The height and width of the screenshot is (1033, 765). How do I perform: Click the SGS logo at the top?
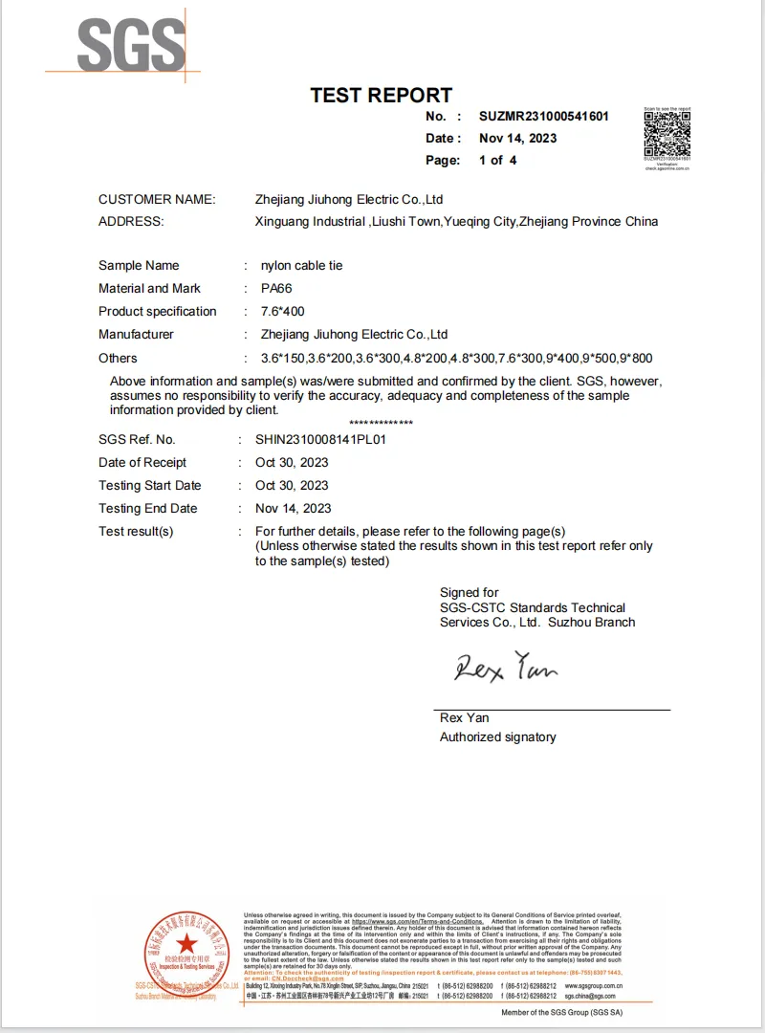click(x=130, y=45)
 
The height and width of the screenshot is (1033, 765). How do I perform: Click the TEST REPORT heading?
click(x=381, y=95)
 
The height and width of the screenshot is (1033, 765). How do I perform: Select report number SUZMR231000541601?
click(x=543, y=117)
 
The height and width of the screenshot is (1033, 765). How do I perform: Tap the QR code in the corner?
click(x=667, y=133)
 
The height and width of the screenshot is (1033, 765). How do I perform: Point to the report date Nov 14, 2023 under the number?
click(x=517, y=138)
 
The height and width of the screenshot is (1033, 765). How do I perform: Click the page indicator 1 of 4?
click(x=497, y=160)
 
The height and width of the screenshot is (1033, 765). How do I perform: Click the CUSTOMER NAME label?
click(x=157, y=199)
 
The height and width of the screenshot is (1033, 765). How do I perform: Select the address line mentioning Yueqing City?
click(x=456, y=221)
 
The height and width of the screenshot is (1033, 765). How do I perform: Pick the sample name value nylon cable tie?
click(x=301, y=265)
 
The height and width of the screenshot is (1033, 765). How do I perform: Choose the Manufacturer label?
click(x=136, y=334)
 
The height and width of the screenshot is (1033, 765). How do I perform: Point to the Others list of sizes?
click(x=456, y=358)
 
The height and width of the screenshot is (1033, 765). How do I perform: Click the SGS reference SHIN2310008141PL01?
click(x=320, y=439)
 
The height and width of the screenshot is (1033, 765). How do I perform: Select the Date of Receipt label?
click(x=142, y=462)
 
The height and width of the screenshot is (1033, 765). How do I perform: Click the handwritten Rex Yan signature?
click(x=505, y=666)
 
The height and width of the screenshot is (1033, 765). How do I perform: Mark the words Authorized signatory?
click(x=497, y=736)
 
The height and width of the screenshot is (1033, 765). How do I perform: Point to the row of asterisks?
click(x=381, y=422)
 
